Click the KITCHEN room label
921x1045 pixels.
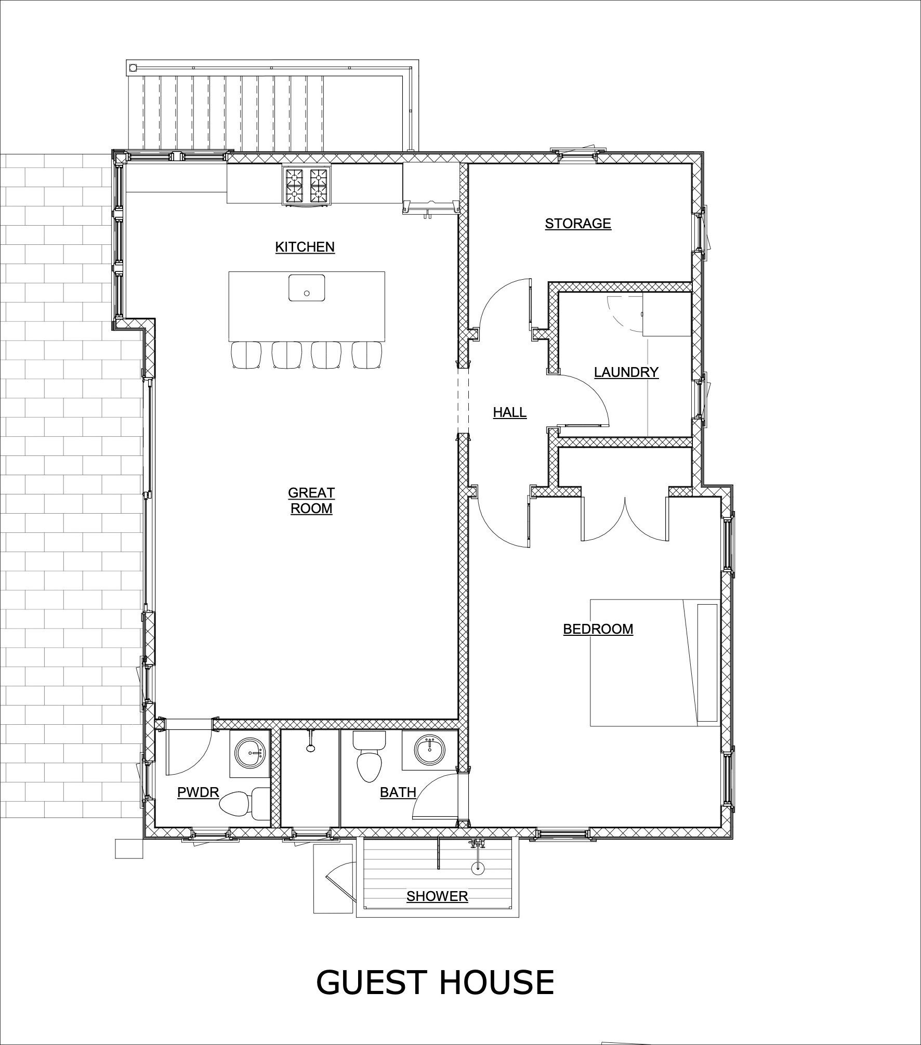coord(305,247)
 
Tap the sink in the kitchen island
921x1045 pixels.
coord(307,288)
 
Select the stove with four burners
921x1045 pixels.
coord(307,186)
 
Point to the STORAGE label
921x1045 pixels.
coord(577,224)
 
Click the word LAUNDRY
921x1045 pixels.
coord(626,372)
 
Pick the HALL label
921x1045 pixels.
coord(509,412)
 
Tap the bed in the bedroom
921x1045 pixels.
coord(654,662)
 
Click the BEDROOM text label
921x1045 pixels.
coord(598,629)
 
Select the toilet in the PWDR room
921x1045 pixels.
coord(239,805)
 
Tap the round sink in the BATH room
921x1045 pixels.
coord(429,751)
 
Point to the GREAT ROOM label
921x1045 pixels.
coord(311,500)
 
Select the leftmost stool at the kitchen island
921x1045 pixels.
coord(245,356)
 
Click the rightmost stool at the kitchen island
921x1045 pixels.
coord(367,356)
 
